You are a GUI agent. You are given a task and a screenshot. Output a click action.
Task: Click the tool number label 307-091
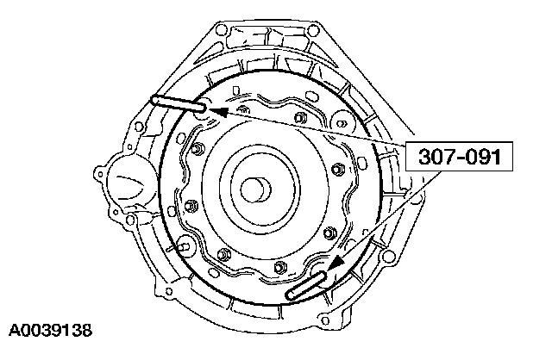[x=460, y=157]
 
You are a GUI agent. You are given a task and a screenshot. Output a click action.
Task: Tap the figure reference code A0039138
[x=50, y=331]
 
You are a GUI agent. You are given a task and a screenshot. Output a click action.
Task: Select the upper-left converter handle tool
[x=179, y=103]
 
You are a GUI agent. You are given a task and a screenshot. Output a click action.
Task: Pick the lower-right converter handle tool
[x=307, y=285]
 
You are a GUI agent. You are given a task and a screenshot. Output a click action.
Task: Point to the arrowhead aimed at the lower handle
[x=336, y=263]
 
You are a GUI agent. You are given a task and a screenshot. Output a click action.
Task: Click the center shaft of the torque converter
[x=255, y=190]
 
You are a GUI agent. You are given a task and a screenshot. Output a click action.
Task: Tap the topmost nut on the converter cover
[x=300, y=117]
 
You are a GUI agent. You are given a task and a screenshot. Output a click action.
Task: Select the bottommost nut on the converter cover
[x=279, y=267]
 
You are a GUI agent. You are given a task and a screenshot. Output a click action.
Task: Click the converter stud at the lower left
[x=184, y=245]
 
